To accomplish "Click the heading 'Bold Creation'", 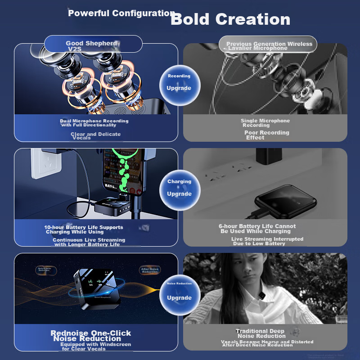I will click(230, 19).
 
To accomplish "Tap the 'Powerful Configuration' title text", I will click(121, 13).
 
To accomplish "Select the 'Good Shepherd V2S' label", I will click(93, 45).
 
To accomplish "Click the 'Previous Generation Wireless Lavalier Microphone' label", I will click(269, 46).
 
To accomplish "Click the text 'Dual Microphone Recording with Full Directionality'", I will click(94, 123).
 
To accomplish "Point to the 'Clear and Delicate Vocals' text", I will click(95, 136).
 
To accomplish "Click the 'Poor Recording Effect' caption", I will click(266, 135).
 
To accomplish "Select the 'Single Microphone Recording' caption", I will click(265, 123).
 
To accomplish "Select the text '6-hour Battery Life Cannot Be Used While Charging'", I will click(257, 229).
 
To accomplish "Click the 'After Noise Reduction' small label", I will click(150, 270).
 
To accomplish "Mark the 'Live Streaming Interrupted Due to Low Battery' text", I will click(267, 241).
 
